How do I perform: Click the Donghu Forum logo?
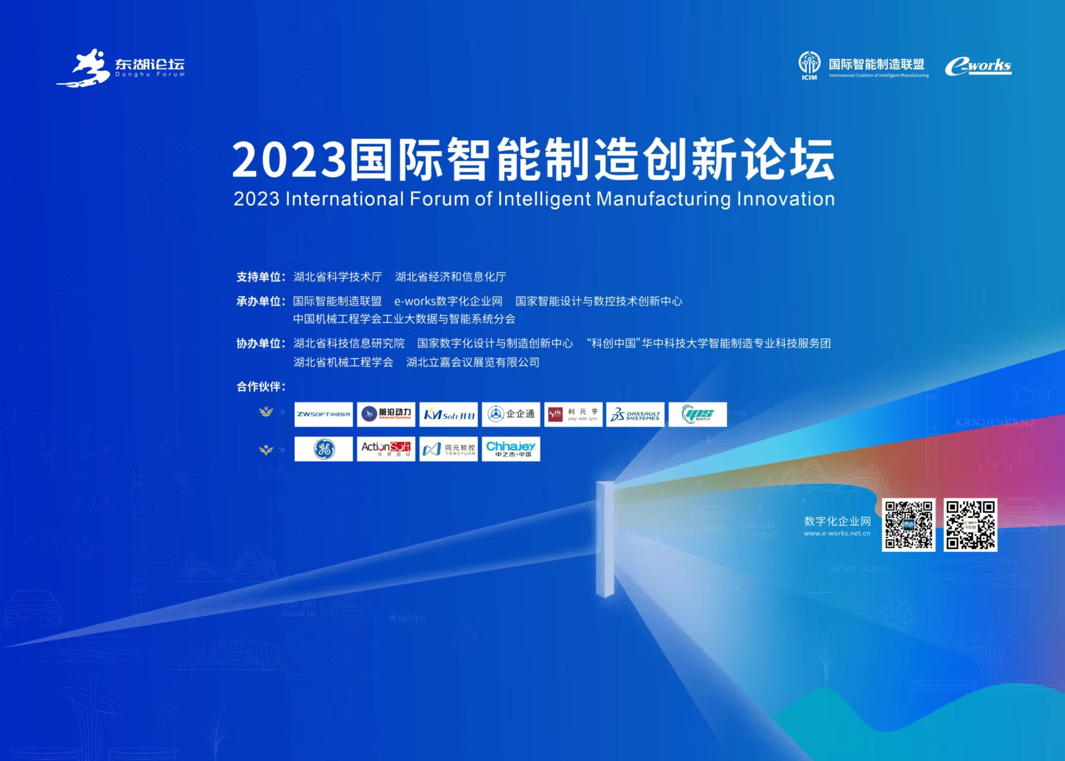[x=121, y=67]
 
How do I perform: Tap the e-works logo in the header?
[x=978, y=66]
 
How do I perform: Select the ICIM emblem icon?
[x=809, y=64]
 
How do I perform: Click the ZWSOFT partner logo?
[x=323, y=414]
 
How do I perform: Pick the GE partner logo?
[x=323, y=449]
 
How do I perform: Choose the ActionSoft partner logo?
[x=386, y=449]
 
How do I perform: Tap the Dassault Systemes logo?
[x=635, y=414]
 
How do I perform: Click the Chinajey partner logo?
[x=511, y=449]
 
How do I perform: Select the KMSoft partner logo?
[x=448, y=414]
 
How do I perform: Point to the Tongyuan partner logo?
[x=448, y=449]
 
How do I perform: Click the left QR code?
[x=908, y=525]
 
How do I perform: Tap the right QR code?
[x=970, y=525]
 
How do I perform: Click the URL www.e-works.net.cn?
[x=837, y=533]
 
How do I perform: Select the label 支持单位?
[x=260, y=277]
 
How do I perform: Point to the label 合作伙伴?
[x=260, y=387]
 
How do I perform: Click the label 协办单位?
[x=260, y=344]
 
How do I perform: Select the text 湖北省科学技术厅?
[x=338, y=277]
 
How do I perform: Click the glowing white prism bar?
[x=605, y=538]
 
